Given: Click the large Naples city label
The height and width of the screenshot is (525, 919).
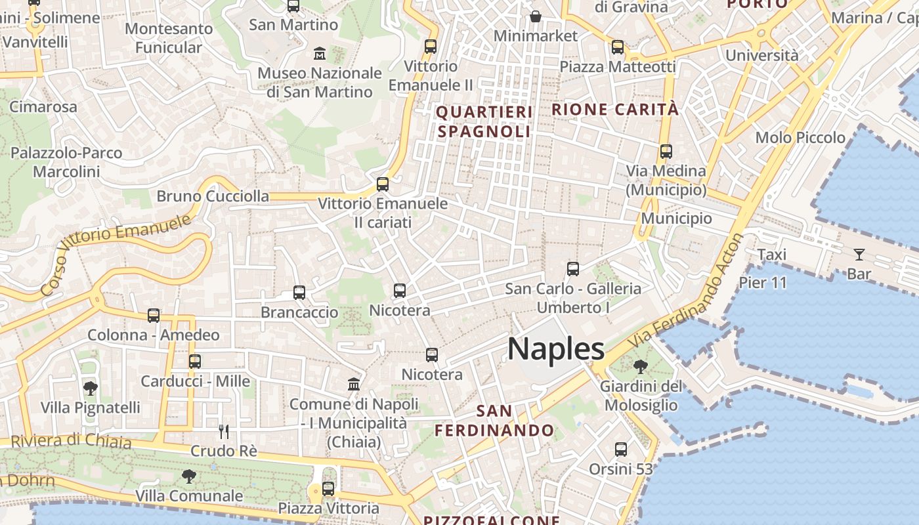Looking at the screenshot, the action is pos(555,348).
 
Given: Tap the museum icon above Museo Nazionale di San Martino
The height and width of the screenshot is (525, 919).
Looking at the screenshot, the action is pos(320,52).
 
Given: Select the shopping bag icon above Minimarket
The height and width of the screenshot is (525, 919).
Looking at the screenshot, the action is pos(536,16).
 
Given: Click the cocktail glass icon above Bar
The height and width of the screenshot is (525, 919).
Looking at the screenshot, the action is pos(859,255).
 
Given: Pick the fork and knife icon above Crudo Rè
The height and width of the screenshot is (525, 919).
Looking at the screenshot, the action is pos(224,431).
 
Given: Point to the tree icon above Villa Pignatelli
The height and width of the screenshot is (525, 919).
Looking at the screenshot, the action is pos(91,388).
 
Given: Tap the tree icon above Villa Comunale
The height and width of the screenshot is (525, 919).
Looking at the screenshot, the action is pos(189,476).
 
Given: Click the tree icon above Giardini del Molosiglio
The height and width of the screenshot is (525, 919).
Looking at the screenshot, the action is pos(640,367).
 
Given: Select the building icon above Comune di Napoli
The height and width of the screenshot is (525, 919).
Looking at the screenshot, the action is pos(354,384).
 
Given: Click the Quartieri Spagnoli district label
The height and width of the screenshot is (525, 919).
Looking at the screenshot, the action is pos(484,122).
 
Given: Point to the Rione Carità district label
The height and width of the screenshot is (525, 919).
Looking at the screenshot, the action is pos(615,110).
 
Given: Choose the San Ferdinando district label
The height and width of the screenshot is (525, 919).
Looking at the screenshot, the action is pos(494,421).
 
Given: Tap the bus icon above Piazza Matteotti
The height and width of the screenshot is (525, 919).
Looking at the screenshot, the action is pos(617,47).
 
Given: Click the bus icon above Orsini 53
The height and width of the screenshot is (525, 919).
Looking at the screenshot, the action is pos(621,450).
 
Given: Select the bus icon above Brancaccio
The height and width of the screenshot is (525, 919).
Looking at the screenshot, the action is pos(299,293).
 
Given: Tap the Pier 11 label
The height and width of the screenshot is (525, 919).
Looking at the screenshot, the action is pos(762,283).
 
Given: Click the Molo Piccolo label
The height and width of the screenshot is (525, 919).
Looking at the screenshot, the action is pos(800,138).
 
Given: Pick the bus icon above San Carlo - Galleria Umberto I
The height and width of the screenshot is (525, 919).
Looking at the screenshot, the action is pos(573,268).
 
